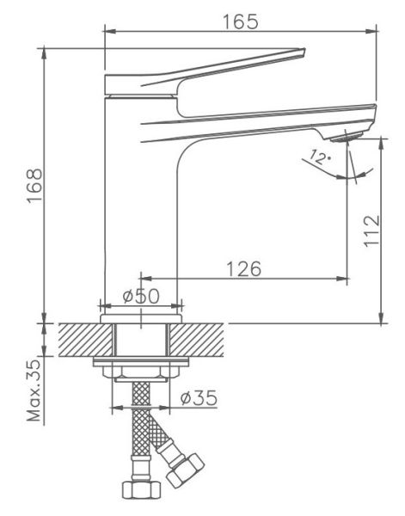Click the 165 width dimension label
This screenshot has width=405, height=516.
click(x=241, y=21)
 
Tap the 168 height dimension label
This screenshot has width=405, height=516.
click(x=35, y=186)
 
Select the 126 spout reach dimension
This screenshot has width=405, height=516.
click(x=244, y=268)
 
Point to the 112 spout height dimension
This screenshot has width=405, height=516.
click(x=371, y=230)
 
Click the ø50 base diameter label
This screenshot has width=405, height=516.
click(x=141, y=296)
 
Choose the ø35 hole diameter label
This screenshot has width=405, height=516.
click(x=199, y=397)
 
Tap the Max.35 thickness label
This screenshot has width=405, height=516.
click(x=34, y=390)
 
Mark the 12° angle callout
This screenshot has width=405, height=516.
click(x=321, y=157)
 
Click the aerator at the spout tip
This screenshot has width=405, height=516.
click(x=347, y=137)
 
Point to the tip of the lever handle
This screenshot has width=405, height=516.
click(x=304, y=50)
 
